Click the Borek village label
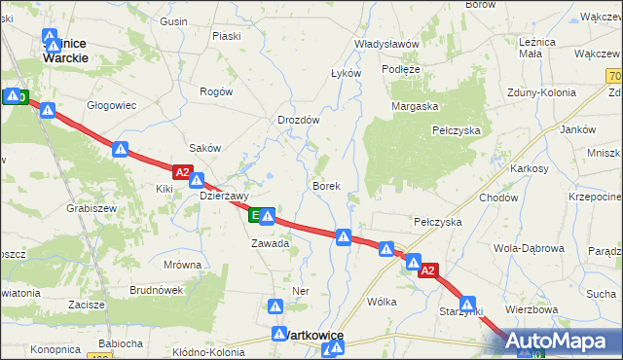(325, 185)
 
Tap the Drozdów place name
(299, 120)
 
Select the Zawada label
(270, 243)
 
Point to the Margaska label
(416, 106)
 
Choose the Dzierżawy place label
(225, 195)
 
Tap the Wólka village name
(382, 302)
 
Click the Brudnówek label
(157, 290)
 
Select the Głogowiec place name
(111, 104)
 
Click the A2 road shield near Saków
(182, 171)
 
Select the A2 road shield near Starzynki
(429, 272)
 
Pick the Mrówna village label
(183, 265)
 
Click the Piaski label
(226, 36)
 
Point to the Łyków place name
(346, 73)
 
